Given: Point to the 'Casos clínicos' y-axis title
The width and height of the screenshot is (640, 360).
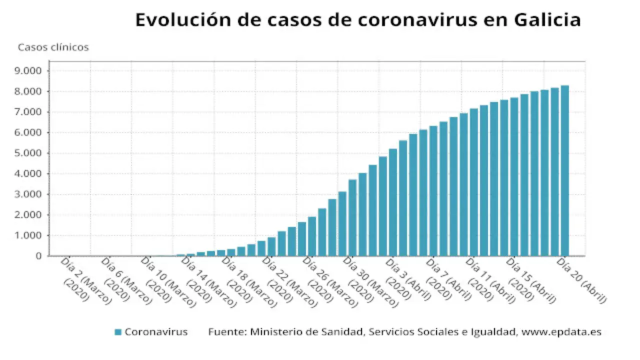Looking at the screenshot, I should coord(53,47).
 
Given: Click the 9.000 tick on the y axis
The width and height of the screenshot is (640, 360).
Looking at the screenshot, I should coord(29,71).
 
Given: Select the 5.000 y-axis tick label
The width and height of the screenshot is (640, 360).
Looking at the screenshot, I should coord(29,153).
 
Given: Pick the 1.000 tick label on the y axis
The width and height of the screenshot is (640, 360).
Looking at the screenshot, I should coord(29,235).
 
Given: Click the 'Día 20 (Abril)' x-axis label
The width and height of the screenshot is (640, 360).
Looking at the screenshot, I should coord(582,280).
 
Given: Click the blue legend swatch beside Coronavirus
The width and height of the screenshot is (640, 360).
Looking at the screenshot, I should coord(118,332).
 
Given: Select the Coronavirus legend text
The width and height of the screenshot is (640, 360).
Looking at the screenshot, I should coord(156,332).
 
